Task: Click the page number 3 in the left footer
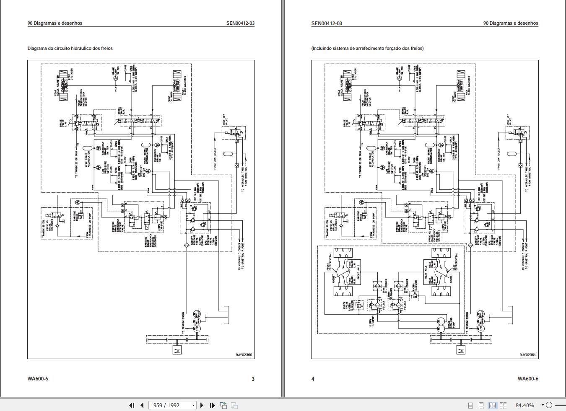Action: click(253, 379)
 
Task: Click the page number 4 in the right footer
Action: click(313, 379)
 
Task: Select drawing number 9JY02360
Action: click(244, 355)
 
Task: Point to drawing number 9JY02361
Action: click(528, 355)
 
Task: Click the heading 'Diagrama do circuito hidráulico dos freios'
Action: click(70, 48)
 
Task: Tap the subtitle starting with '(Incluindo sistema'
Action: click(367, 48)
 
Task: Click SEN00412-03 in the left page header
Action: click(240, 23)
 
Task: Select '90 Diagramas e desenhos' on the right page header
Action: click(511, 23)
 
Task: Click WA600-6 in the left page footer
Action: click(38, 379)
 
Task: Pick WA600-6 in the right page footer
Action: click(528, 379)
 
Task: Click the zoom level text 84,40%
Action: click(524, 405)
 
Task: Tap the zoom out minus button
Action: click(549, 405)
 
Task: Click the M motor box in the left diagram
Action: click(177, 350)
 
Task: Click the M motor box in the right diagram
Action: click(461, 350)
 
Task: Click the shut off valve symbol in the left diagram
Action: click(233, 133)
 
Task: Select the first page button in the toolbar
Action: click(132, 405)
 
